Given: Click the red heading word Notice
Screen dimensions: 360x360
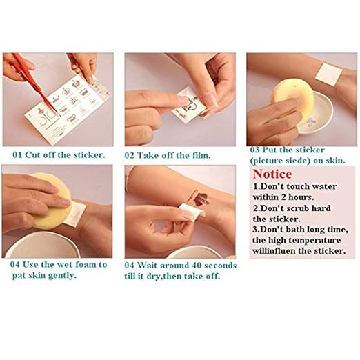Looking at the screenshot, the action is pos(272,174).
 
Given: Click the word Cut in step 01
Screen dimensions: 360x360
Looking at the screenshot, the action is pos(33,155).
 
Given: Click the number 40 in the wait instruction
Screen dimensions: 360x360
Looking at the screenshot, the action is pos(197,266).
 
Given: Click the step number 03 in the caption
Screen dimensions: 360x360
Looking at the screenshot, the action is pos(254,150).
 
